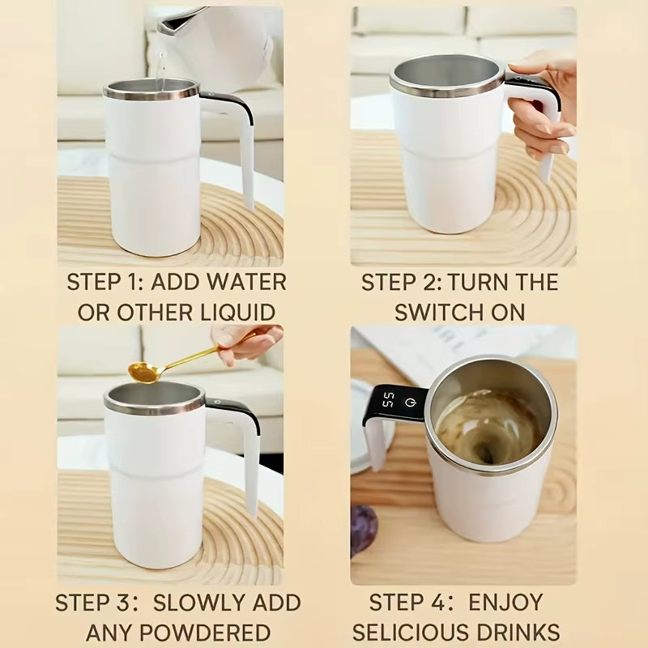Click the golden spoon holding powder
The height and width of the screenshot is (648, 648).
[146, 371]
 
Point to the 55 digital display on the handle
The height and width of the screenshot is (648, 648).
[389, 400]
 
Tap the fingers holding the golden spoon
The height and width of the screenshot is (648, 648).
[247, 340]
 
